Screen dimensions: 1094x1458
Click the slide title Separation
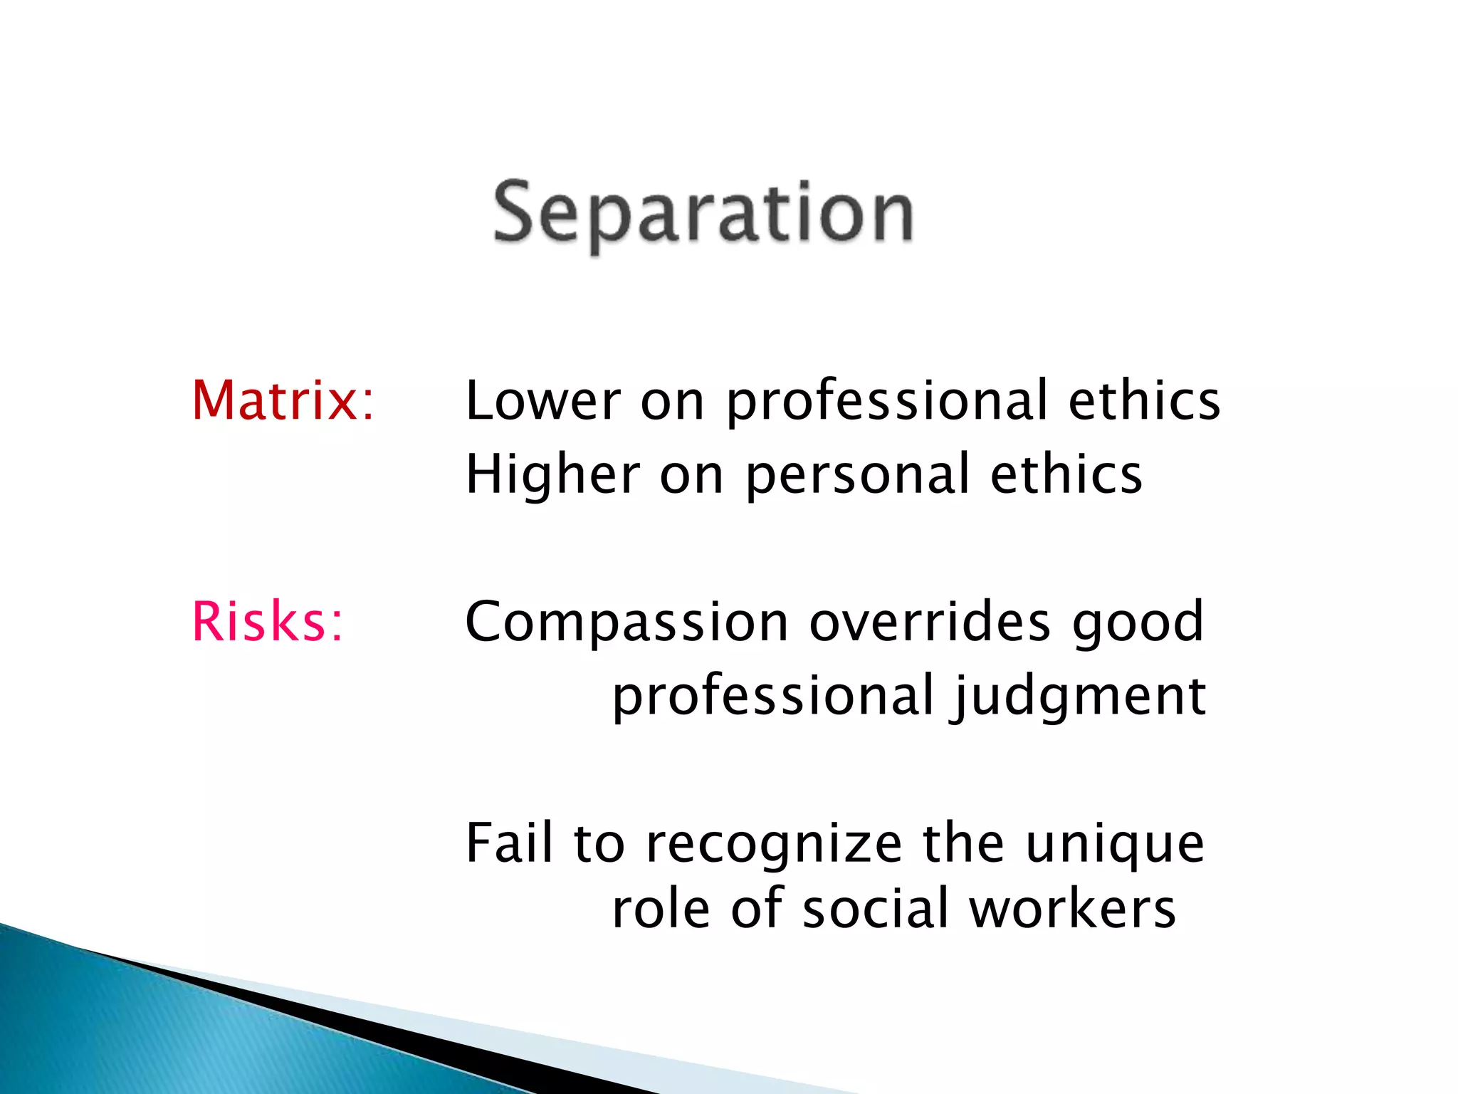tap(703, 214)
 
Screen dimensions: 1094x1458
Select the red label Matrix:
tap(283, 400)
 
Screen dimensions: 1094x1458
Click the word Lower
tap(543, 400)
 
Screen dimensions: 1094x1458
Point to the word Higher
tap(553, 474)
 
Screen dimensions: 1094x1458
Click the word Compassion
tap(626, 622)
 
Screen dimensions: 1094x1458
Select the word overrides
tap(930, 621)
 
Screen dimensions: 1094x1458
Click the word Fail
tap(509, 843)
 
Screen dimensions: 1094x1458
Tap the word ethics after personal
tap(1066, 474)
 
